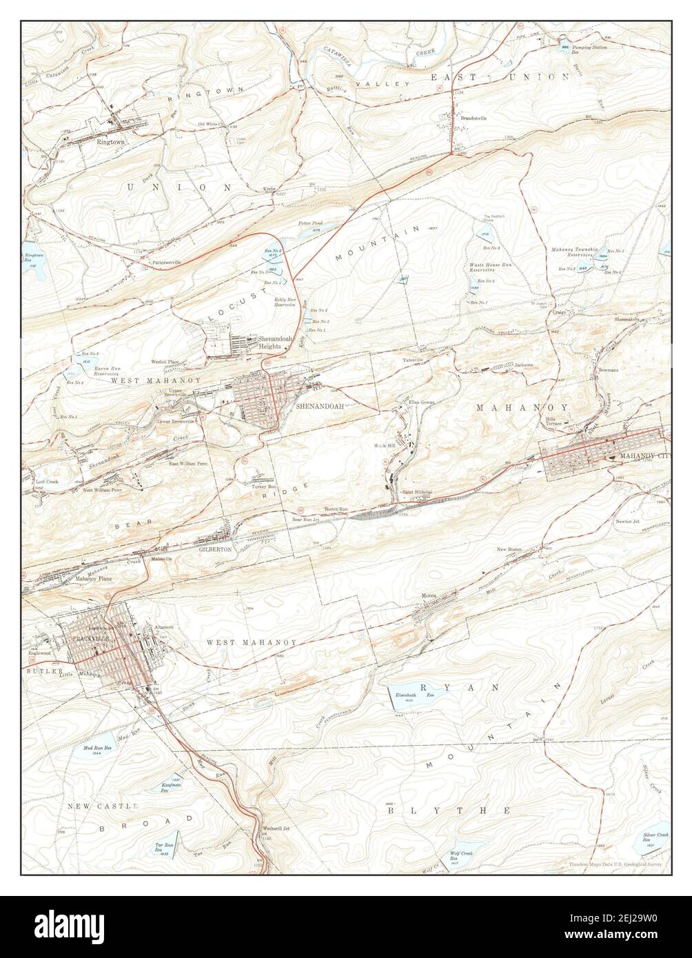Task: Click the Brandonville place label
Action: pyautogui.click(x=474, y=118)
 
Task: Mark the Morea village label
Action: pyautogui.click(x=430, y=594)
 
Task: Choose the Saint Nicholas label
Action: pyautogui.click(x=417, y=492)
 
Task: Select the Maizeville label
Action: pyautogui.click(x=162, y=558)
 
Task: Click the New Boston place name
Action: pyautogui.click(x=509, y=549)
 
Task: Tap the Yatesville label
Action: pyautogui.click(x=414, y=360)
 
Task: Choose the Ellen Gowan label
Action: pyautogui.click(x=422, y=401)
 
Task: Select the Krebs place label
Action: pyautogui.click(x=269, y=188)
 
